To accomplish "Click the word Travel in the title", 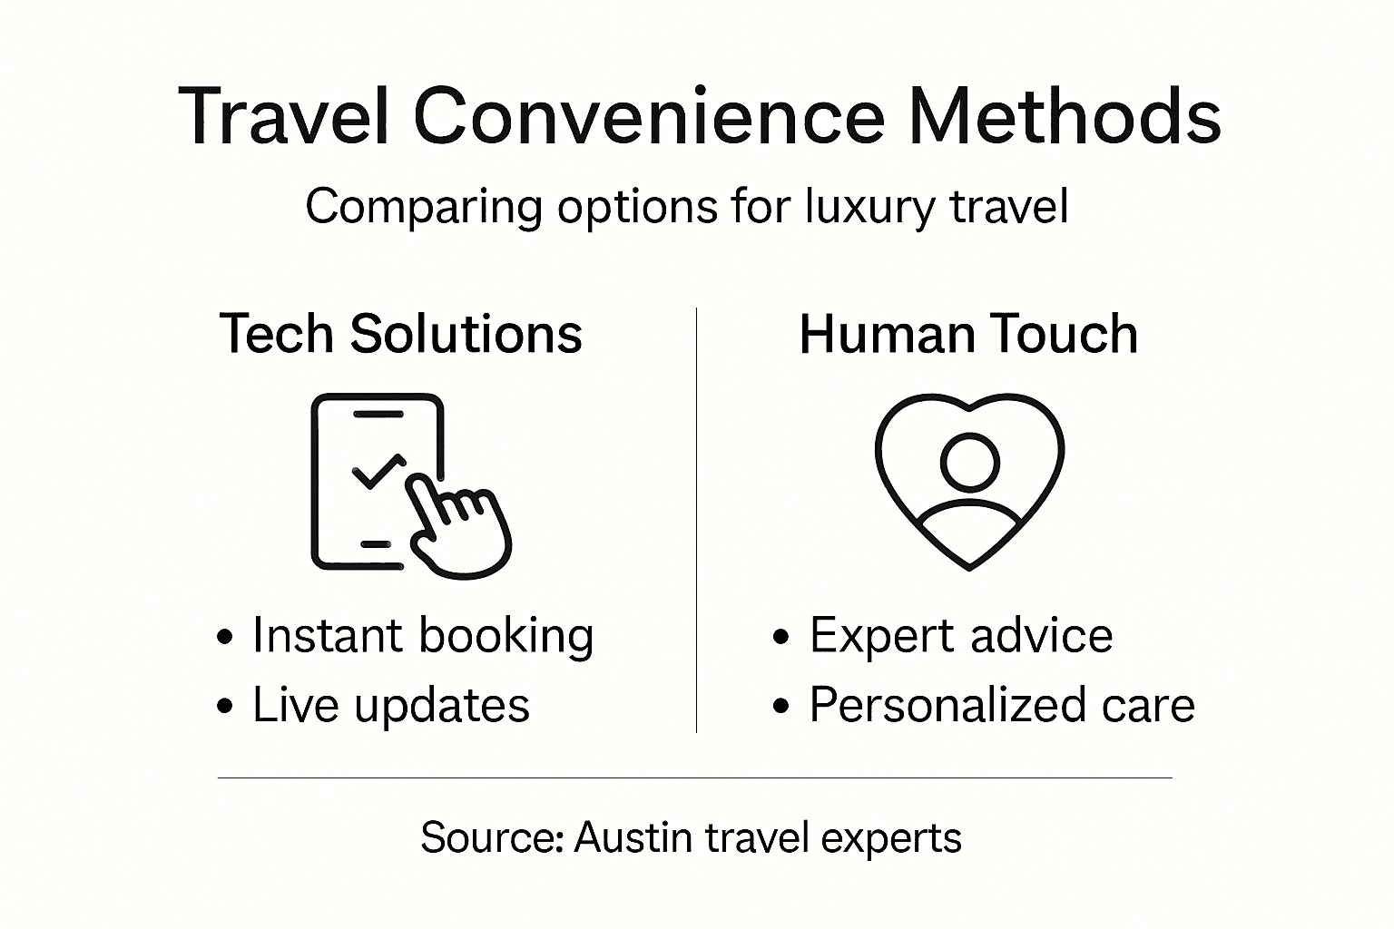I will (x=284, y=117).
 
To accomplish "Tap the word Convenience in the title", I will (x=649, y=117).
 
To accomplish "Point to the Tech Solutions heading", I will (x=400, y=334).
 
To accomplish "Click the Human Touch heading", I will (x=968, y=334).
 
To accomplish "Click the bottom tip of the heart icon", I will (x=969, y=567).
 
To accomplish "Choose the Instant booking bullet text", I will (x=423, y=635).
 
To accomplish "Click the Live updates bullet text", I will (x=390, y=706).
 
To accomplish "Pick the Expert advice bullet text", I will (x=960, y=635).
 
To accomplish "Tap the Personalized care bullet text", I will (x=1002, y=706).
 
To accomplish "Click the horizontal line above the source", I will (x=694, y=777).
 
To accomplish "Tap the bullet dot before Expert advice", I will (x=780, y=638).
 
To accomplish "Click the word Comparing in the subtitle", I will (x=423, y=207).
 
